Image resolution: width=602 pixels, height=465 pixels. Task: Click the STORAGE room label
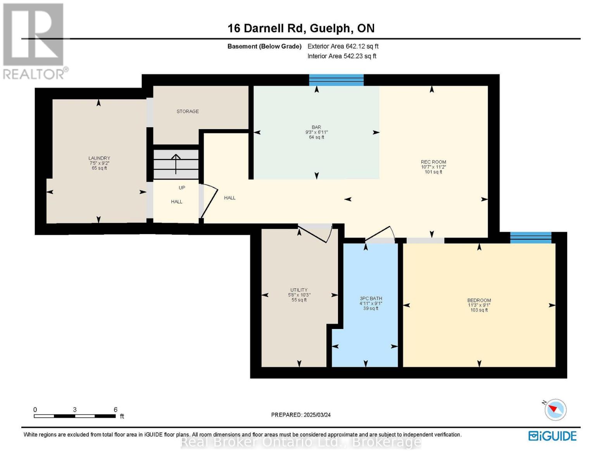coord(188,112)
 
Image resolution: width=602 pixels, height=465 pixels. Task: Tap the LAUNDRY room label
coord(99,158)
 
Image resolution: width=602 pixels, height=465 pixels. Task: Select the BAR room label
coord(316,127)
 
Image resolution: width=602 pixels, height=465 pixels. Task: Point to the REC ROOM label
coord(433,162)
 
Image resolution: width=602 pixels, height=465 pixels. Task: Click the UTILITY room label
coord(299,290)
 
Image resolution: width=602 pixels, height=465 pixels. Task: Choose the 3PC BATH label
coord(371,298)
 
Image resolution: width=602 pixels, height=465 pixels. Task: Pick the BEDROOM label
coord(479,300)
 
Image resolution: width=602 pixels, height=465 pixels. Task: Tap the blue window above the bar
coord(336,80)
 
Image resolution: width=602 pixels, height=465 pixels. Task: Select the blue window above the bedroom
coord(531,238)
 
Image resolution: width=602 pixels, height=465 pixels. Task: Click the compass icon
coord(555,410)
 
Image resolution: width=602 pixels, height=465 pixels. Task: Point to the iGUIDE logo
coord(552,436)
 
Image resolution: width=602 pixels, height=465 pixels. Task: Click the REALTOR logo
coord(34,41)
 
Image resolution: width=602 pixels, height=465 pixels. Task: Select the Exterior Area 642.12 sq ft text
coord(343,46)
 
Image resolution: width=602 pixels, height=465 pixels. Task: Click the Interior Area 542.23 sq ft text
coord(342,56)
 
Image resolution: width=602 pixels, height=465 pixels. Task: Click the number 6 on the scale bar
coord(116,410)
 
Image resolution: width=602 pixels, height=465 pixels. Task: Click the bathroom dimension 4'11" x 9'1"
coord(371,303)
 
